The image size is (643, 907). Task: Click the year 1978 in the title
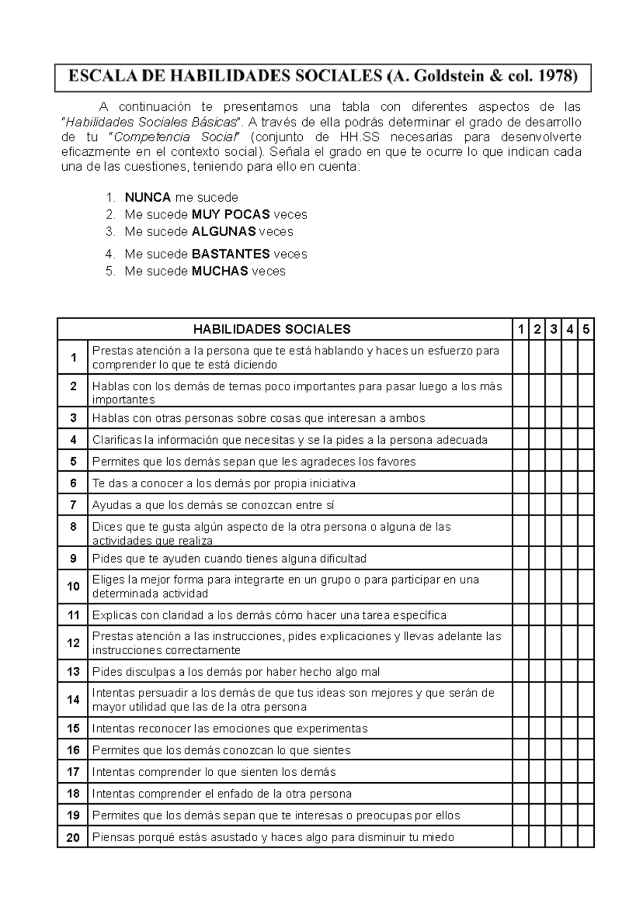557,77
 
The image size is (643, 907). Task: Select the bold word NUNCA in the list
147,197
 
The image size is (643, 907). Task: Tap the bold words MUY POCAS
230,215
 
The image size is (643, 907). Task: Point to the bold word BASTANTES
230,254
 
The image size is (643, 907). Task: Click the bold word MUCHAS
220,271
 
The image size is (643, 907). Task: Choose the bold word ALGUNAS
223,232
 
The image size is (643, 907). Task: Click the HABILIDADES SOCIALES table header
272,329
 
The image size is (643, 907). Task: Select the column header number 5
586,329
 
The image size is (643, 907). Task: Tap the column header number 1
520,329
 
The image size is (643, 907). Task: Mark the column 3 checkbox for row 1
553,357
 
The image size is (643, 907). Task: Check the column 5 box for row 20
586,837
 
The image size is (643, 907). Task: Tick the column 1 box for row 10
520,586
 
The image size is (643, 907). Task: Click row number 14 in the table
73,700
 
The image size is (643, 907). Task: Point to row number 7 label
73,505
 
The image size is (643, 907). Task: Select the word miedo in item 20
439,837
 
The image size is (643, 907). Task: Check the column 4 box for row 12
569,643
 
